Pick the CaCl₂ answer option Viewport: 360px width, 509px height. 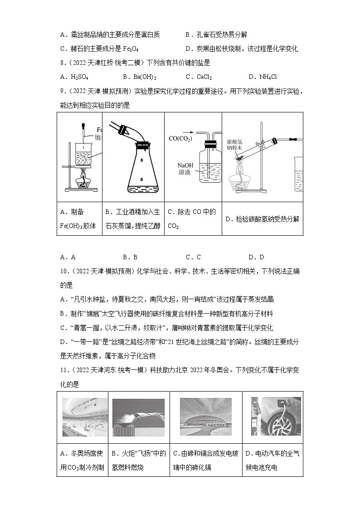[x=202, y=77]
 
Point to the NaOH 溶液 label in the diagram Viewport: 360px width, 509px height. [x=186, y=169]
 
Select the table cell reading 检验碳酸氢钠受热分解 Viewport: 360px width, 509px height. [x=262, y=219]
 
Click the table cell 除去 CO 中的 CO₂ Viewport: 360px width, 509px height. [x=192, y=218]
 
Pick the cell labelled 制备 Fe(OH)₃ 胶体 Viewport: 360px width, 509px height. [x=79, y=218]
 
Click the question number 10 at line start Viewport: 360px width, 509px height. [x=64, y=271]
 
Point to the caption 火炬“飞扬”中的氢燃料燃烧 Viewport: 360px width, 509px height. [x=138, y=460]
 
